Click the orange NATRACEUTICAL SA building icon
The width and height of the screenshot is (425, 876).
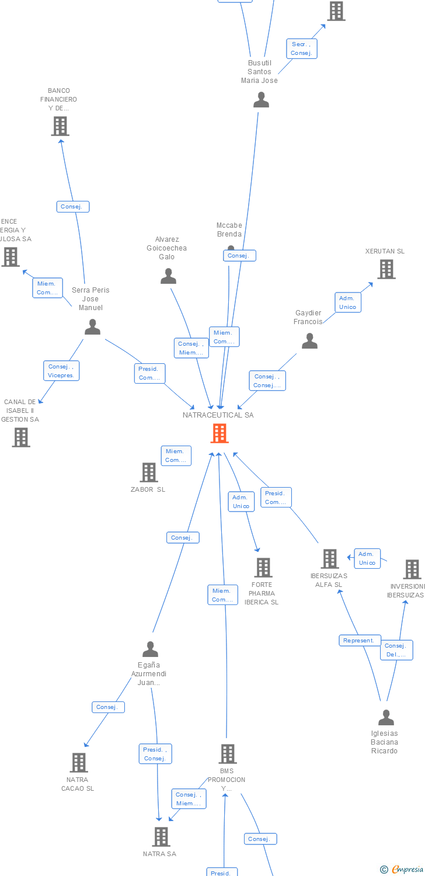(220, 433)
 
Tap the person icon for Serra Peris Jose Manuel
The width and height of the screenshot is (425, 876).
(92, 327)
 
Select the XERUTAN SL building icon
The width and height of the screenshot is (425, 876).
(386, 269)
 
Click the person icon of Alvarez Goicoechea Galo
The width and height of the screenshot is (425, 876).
(168, 276)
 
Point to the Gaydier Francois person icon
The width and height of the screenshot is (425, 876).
(309, 341)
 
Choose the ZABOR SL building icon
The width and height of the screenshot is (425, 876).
(149, 472)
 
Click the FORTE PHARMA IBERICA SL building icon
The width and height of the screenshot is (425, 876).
(263, 567)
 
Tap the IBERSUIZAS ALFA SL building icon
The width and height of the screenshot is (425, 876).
(330, 559)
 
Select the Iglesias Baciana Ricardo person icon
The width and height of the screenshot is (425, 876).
(386, 717)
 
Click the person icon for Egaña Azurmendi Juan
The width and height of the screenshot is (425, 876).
(150, 649)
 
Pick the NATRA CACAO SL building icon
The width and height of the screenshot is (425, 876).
(79, 762)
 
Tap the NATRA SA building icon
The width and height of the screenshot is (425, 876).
(161, 836)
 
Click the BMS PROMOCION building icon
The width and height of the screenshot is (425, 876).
(227, 753)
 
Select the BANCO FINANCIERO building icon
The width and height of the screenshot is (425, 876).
(60, 126)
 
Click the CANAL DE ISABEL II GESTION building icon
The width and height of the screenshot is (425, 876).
(21, 437)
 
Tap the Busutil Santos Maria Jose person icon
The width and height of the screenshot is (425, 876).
(261, 100)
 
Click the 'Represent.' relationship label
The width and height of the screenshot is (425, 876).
(360, 641)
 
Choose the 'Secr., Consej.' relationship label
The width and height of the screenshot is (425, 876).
(301, 48)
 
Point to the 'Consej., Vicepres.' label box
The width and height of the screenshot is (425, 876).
(61, 371)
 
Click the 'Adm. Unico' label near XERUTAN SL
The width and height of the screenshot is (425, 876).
(347, 303)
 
